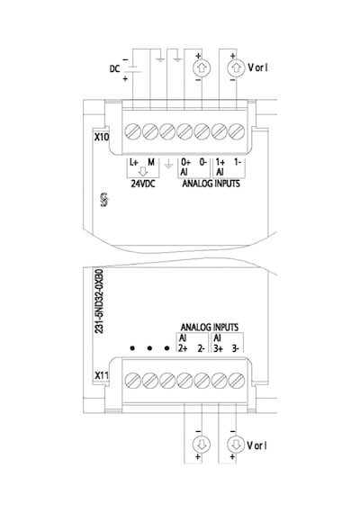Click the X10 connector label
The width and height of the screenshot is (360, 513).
102,137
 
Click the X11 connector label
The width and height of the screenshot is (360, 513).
102,375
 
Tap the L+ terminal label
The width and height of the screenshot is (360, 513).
134,162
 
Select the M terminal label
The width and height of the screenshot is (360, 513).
151,162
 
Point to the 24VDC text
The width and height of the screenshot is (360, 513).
143,184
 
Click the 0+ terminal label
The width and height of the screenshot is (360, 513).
185,162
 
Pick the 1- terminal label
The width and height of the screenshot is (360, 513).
238,162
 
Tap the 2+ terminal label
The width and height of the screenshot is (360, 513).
183,349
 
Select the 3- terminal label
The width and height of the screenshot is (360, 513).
235,349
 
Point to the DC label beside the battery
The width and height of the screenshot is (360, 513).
114,69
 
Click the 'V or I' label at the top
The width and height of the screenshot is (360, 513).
258,67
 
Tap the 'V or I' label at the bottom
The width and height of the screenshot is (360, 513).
257,445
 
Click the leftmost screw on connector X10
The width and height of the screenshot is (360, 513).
133,131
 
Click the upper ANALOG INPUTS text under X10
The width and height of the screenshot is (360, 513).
211,184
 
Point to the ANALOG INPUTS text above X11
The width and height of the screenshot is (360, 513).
210,328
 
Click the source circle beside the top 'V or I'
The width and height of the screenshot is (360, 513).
236,68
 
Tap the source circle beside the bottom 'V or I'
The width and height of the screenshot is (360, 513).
236,445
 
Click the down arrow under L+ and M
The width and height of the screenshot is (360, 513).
143,172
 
